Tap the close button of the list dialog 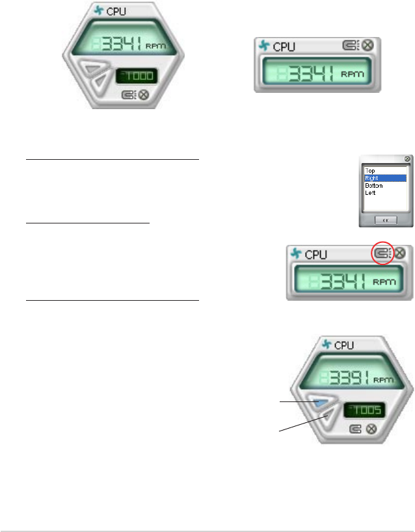tap(407, 158)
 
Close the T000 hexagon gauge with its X tap(144, 95)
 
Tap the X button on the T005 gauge tap(371, 429)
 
